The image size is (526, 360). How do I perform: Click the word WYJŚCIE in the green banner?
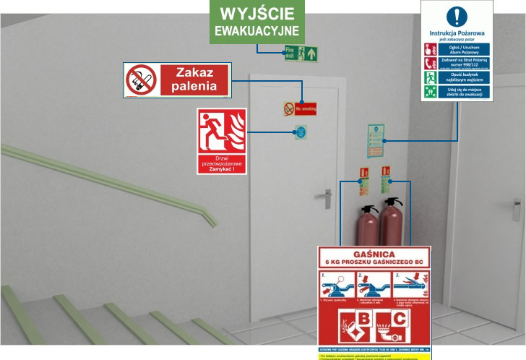tap(257, 14)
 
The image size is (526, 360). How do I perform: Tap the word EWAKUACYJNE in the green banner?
tap(257, 32)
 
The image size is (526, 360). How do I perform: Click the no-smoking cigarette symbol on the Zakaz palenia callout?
tap(141, 80)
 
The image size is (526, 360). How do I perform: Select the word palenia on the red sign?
tap(194, 87)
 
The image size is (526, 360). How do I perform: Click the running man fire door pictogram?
tap(221, 130)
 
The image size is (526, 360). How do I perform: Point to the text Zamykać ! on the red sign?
tap(222, 169)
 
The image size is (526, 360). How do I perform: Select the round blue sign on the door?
tap(300, 132)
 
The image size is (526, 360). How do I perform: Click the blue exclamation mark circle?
tap(457, 16)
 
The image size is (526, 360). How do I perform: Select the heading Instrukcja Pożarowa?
tap(457, 33)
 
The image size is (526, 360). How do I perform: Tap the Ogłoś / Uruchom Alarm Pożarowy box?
tap(464, 49)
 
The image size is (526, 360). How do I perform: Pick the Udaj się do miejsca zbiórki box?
tap(464, 91)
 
